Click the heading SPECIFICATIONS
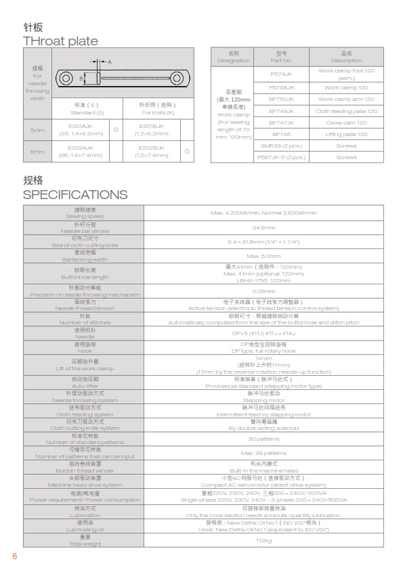tap(75, 195)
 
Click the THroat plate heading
tap(60, 41)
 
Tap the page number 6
tap(14, 556)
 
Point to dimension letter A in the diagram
tap(110, 62)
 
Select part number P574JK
tap(282, 73)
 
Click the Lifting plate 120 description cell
tap(346, 134)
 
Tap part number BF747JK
tap(282, 123)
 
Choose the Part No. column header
tap(282, 56)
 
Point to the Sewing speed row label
tap(85, 213)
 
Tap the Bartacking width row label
tap(85, 256)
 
